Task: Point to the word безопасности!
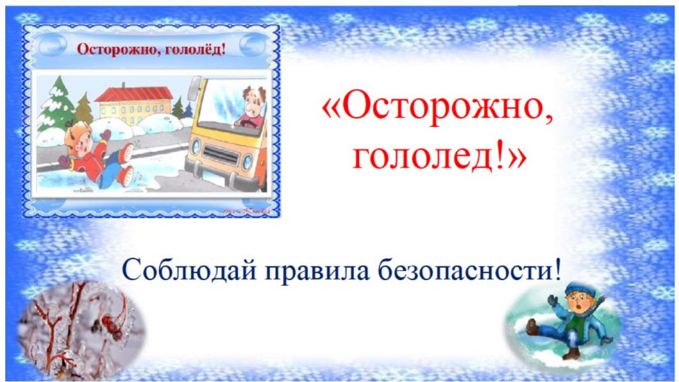click(470, 270)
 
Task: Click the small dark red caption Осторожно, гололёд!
click(152, 49)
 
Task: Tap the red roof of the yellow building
click(134, 94)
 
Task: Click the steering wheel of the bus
click(247, 125)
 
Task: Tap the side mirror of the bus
click(195, 89)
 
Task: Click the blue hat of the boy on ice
click(580, 288)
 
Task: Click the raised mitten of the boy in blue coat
click(552, 300)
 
